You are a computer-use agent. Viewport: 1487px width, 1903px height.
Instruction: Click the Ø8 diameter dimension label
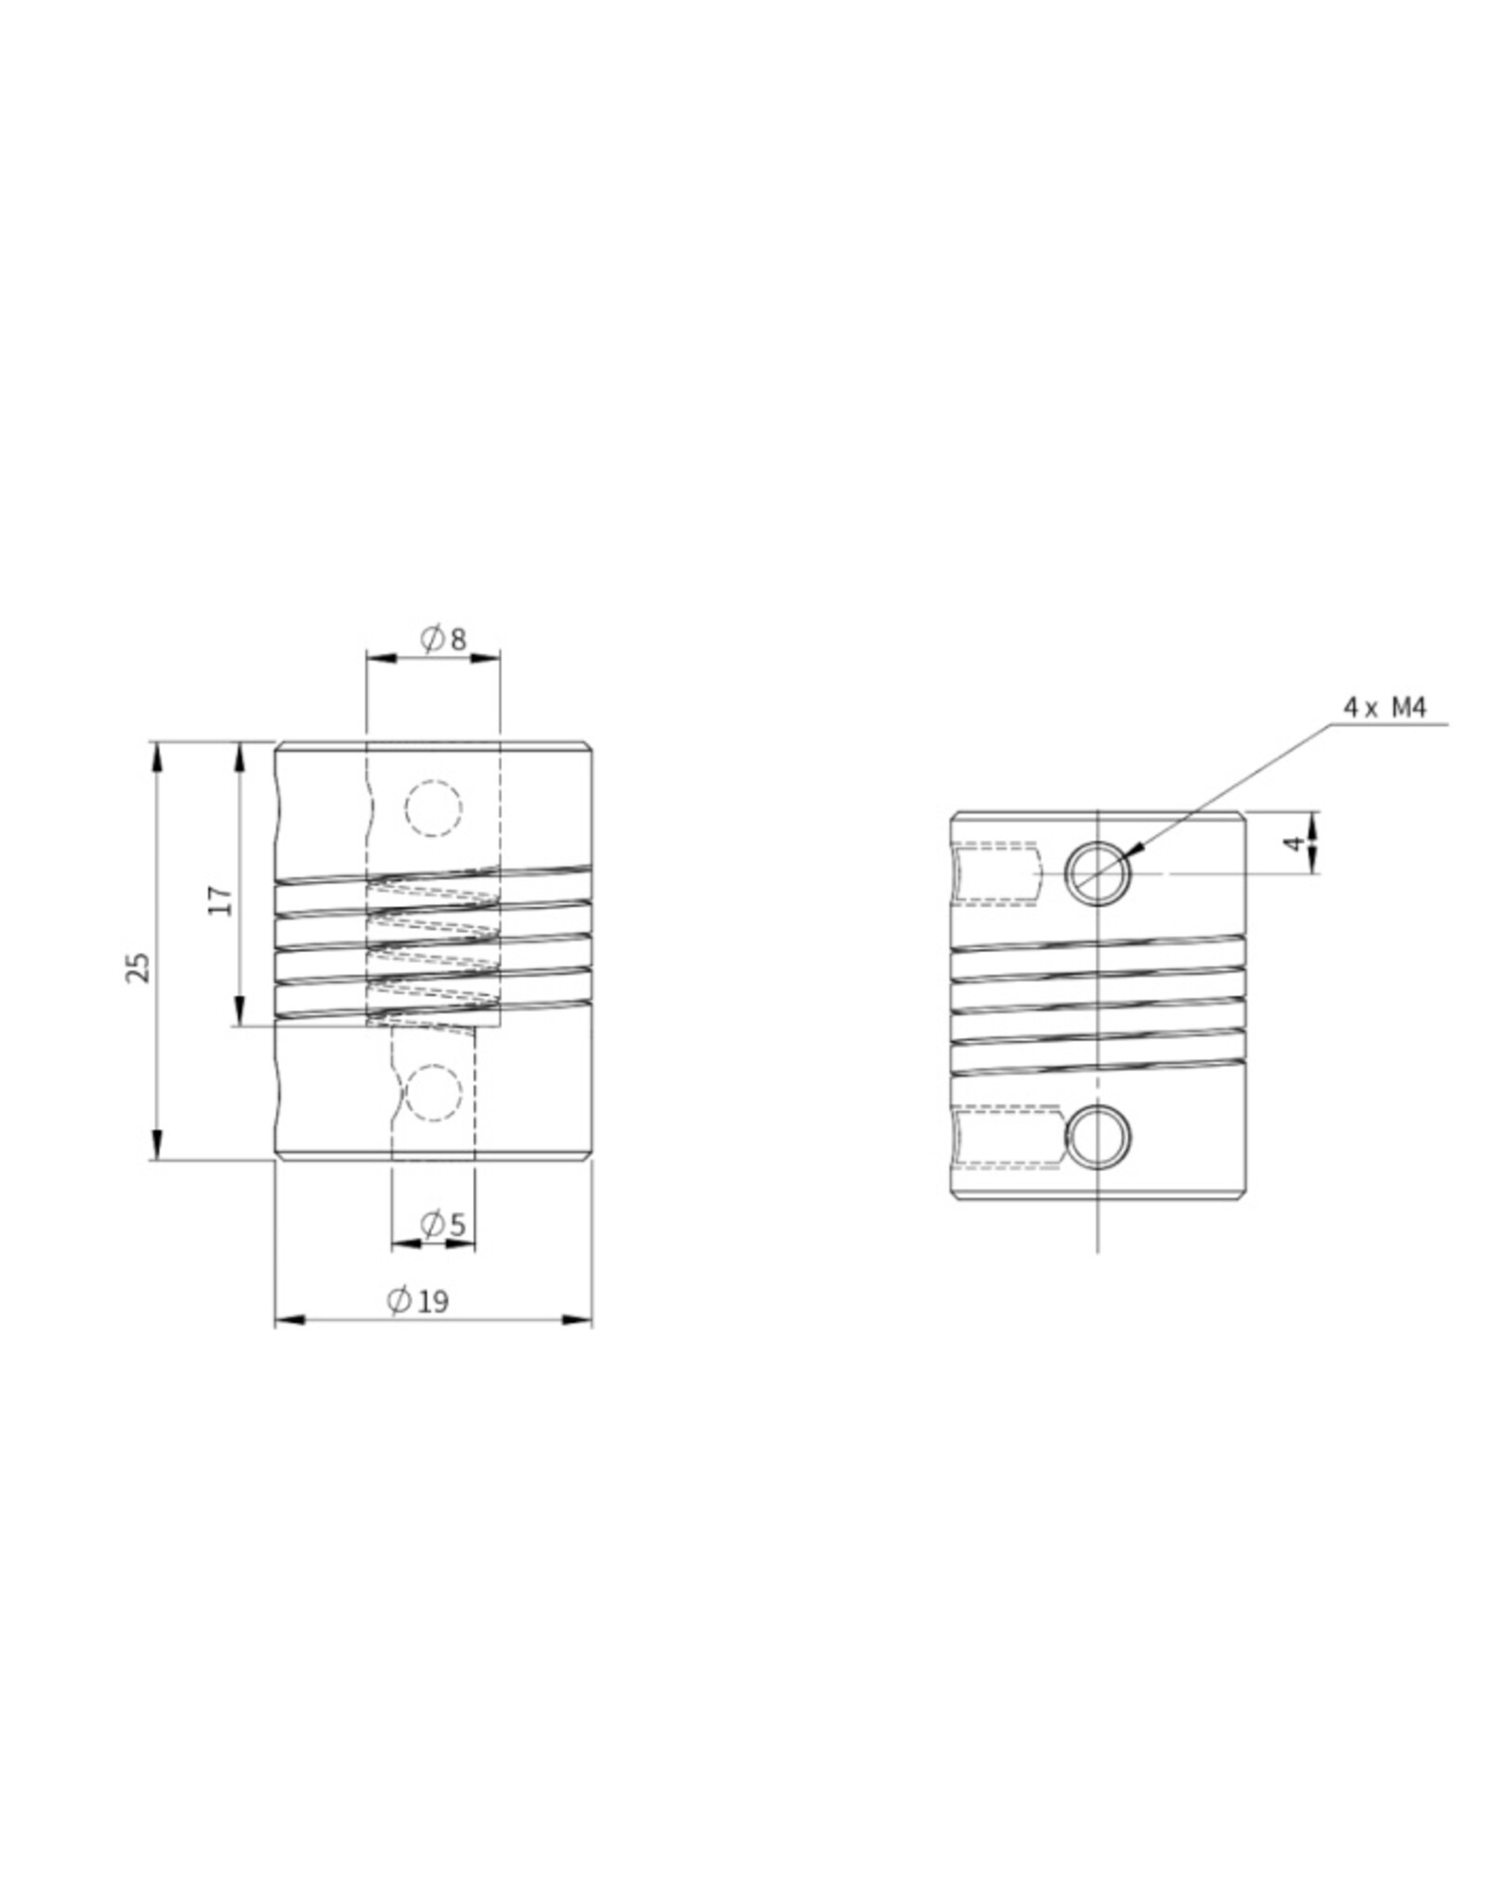(443, 639)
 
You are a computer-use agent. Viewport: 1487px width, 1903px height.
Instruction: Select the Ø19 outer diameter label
(418, 1301)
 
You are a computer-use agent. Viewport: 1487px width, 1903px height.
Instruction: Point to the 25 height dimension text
(138, 966)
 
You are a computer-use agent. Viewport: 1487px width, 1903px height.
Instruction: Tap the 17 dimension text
(220, 899)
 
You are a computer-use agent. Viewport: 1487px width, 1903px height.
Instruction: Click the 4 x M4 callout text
(1384, 708)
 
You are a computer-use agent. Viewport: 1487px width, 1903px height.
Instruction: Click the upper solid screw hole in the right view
(1098, 873)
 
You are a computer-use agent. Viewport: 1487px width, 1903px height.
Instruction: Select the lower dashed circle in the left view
(433, 1093)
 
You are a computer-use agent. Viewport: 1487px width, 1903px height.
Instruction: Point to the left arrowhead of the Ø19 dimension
(289, 1319)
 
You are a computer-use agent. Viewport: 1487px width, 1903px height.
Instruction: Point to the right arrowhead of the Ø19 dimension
(578, 1319)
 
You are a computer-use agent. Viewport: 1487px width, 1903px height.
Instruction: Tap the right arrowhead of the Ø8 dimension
(486, 658)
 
